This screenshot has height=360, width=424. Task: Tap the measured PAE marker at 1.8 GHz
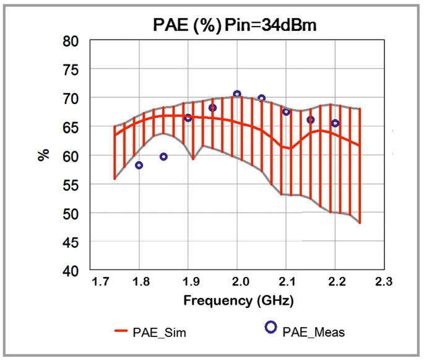(139, 165)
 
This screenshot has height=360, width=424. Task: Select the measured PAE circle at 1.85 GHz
(163, 157)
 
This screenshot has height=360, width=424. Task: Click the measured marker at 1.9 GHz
(188, 118)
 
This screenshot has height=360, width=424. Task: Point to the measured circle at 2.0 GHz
(237, 94)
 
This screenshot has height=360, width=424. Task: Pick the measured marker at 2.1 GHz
(286, 112)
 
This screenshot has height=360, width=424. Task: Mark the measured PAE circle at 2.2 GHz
(335, 123)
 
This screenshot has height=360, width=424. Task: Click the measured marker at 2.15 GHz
(311, 120)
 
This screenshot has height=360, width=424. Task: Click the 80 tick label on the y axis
(71, 42)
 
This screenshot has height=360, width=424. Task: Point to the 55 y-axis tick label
(71, 185)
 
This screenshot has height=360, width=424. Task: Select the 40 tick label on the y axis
(71, 271)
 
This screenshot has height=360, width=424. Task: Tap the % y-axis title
(43, 155)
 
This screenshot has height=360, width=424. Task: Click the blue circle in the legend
(270, 327)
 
